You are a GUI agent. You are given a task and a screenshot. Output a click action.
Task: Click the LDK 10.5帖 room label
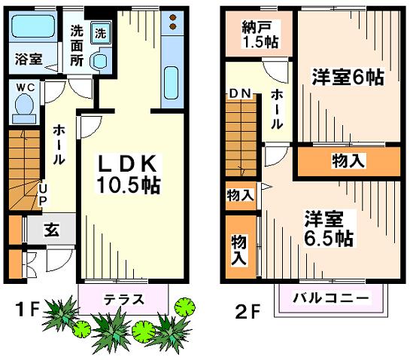tap(129, 175)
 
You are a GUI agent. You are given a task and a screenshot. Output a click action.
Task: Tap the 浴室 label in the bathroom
tap(29, 59)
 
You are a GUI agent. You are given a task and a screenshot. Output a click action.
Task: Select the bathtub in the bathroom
tap(33, 26)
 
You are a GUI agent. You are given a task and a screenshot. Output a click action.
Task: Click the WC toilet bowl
tap(24, 105)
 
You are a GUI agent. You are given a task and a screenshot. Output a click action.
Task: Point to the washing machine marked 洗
tap(101, 33)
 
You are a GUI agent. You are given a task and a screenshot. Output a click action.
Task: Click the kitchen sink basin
tap(172, 83)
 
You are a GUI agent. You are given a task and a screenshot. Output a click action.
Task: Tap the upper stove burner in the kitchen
tap(172, 18)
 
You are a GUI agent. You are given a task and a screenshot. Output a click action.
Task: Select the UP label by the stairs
tap(43, 194)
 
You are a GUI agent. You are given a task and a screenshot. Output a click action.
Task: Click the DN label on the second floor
tap(240, 93)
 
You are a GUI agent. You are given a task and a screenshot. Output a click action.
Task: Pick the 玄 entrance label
tap(52, 230)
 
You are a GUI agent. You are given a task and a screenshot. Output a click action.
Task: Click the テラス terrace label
tap(124, 299)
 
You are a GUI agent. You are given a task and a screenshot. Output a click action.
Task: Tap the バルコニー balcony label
tap(331, 298)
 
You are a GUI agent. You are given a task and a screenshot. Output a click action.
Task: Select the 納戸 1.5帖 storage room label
tap(260, 35)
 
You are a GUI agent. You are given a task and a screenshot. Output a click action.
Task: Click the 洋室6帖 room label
tap(348, 77)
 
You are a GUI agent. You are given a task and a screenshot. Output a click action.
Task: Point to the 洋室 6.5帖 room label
tap(329, 228)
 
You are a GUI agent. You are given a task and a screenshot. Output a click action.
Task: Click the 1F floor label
tap(27, 310)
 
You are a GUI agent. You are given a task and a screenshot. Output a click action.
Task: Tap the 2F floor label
tap(248, 312)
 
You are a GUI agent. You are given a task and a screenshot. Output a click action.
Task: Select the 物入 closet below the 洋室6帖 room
tap(348, 161)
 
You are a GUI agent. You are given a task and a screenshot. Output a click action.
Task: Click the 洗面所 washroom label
tap(77, 46)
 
